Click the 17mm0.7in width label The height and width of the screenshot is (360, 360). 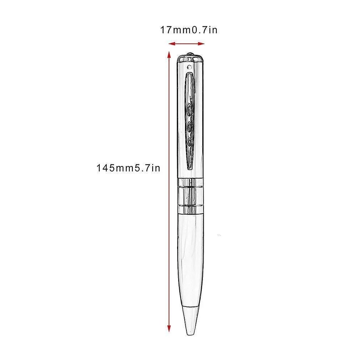click(189, 30)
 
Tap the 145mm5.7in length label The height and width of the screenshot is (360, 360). click(128, 168)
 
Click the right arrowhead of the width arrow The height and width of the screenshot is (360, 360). click(201, 43)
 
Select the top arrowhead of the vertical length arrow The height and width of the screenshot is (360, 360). click(169, 55)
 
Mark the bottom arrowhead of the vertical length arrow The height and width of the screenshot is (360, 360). click(169, 329)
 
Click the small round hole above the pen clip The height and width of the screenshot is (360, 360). click(189, 67)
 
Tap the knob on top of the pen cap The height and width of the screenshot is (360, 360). click(190, 54)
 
